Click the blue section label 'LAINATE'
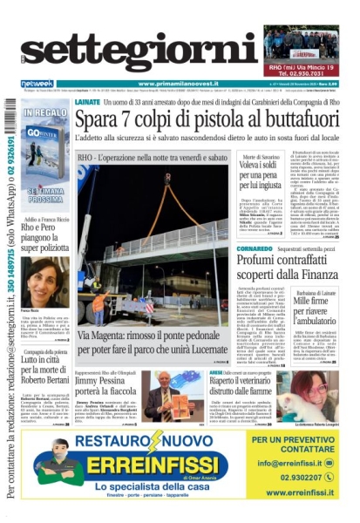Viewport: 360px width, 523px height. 89,102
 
